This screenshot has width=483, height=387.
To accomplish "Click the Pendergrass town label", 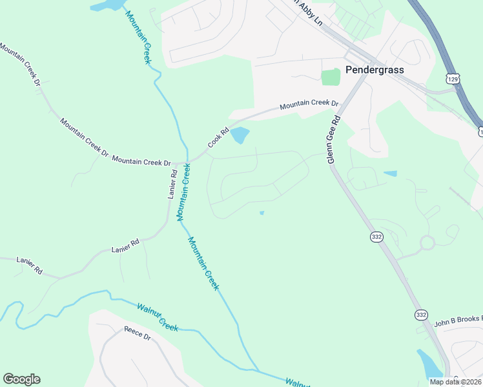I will coord(374,69).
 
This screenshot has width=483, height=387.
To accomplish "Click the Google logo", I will coord(21,379).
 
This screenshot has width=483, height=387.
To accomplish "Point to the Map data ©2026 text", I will coord(455,382).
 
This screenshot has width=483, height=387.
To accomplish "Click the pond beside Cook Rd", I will coord(240,135).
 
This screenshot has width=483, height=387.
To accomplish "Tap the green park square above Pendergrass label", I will coord(331,77).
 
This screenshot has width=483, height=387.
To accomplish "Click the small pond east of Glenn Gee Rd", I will coord(390,174).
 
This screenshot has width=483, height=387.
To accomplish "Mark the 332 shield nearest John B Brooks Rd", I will coord(421,315).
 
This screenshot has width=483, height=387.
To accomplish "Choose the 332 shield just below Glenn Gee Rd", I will coord(376,237).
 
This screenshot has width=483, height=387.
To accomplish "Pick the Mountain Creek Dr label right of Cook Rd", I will coord(309,104).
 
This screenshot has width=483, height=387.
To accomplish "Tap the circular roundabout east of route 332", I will coord(427,243).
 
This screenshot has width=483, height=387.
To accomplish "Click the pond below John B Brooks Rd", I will coord(429,364).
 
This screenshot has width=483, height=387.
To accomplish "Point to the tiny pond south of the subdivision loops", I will coord(262,213).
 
